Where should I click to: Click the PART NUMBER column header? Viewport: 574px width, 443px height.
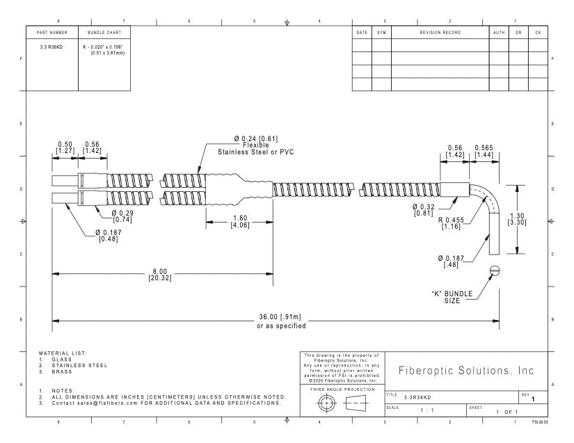(x=52, y=33)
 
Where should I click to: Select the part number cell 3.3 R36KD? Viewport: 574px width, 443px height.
(x=51, y=47)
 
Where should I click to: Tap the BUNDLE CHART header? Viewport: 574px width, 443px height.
(x=104, y=33)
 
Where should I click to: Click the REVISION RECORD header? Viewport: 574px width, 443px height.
(x=440, y=33)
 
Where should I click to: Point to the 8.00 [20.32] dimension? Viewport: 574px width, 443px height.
(x=160, y=275)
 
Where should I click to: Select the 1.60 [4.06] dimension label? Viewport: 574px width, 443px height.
(x=240, y=222)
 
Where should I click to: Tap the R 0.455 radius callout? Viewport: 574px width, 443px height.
(x=451, y=223)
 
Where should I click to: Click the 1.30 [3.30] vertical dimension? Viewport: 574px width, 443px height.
(x=517, y=219)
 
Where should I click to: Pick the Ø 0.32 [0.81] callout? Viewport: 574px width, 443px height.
(x=424, y=210)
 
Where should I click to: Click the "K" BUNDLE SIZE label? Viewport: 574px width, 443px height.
(x=452, y=297)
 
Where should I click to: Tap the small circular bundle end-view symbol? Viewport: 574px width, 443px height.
(x=495, y=271)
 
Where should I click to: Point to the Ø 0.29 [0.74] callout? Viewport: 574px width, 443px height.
(x=122, y=216)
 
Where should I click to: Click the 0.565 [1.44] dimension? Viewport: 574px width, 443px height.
(x=484, y=151)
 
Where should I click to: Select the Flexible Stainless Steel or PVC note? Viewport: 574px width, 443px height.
(x=256, y=149)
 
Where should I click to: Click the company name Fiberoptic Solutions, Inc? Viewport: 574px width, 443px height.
(x=466, y=371)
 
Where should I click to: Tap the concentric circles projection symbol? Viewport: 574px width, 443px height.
(x=326, y=403)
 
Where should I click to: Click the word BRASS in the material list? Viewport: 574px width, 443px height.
(x=62, y=371)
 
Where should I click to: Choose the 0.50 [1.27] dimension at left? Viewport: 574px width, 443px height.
(x=65, y=147)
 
